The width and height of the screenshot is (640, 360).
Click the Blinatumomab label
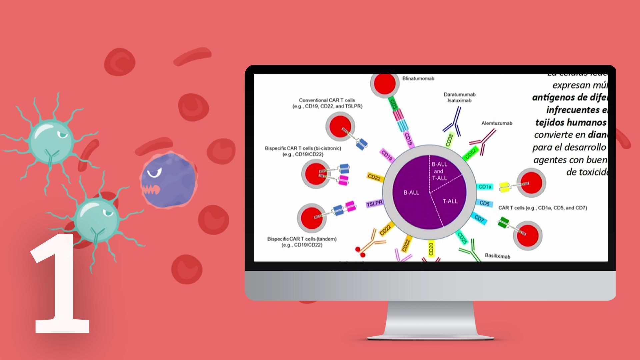[x=418, y=79]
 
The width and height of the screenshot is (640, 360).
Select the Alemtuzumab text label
[x=496, y=123]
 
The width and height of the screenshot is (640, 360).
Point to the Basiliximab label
[x=497, y=256]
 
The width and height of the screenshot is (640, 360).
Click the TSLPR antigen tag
[x=374, y=203]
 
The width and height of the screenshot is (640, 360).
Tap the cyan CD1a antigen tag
[x=485, y=187]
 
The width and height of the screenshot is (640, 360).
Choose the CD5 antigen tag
[x=484, y=203]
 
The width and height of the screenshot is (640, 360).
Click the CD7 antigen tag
[x=479, y=219]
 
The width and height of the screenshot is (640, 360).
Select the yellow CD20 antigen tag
[x=431, y=249]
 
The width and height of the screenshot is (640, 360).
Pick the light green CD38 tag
[x=449, y=140]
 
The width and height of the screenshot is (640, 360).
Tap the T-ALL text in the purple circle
[x=450, y=201]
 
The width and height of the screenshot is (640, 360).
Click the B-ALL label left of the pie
[x=411, y=193]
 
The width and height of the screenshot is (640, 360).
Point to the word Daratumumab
[x=459, y=95]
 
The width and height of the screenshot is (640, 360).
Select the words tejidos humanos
[x=571, y=123]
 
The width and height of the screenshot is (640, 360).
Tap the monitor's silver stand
[x=430, y=320]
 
